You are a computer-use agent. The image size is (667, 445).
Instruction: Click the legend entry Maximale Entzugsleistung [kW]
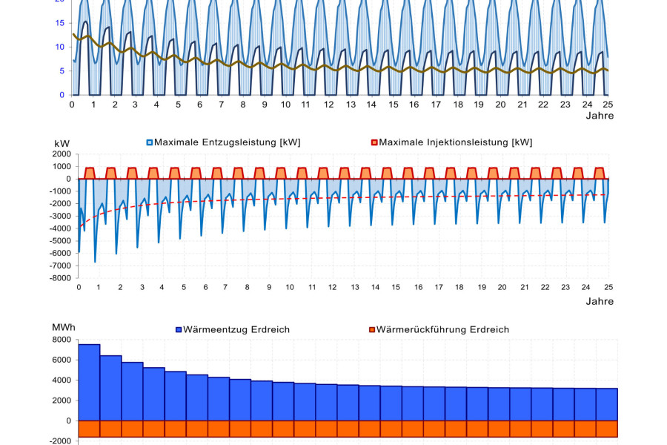(227, 142)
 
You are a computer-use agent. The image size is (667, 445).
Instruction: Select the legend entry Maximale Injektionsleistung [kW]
(455, 142)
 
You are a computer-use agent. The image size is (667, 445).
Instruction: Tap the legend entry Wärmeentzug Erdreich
(236, 329)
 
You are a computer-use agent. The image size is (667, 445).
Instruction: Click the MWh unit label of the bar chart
(63, 327)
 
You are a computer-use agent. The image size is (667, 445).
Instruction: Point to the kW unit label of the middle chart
(62, 142)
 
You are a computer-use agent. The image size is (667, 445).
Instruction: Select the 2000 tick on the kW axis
(62, 154)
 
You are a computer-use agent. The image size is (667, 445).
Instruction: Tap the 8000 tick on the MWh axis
(62, 340)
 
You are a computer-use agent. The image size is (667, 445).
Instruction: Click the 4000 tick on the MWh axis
(62, 380)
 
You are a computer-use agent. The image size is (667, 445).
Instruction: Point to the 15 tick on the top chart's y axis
(59, 22)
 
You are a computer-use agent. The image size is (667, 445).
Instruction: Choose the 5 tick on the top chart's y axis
(62, 70)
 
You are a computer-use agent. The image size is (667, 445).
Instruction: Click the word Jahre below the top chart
(600, 116)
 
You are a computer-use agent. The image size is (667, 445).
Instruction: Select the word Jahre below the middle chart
(600, 301)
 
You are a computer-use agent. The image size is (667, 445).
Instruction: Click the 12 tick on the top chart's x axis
(328, 105)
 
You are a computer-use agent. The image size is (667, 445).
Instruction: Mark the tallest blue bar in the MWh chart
(89, 382)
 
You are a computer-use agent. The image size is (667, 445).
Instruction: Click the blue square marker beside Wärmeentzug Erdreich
(179, 329)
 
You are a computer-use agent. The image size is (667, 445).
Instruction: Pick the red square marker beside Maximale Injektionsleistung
(374, 142)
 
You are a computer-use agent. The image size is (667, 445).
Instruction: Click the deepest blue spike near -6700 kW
(95, 261)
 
